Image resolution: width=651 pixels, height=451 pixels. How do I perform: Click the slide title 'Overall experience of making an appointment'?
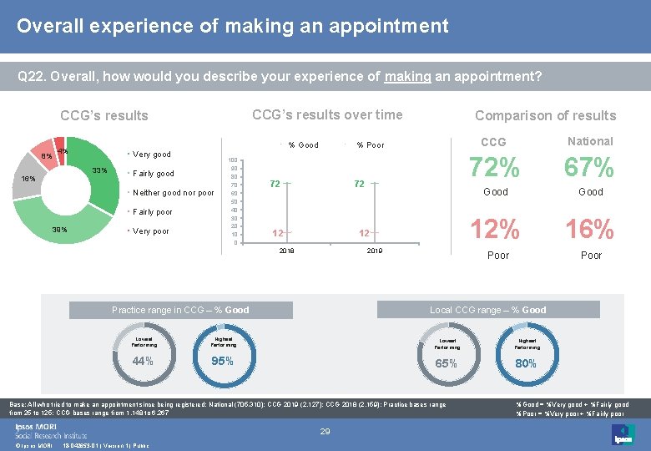click(x=232, y=26)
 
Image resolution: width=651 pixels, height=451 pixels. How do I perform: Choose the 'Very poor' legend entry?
click(x=151, y=231)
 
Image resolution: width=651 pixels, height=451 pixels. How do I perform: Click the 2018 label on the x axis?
click(x=286, y=251)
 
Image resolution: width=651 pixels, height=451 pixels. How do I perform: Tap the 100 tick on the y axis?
click(x=234, y=160)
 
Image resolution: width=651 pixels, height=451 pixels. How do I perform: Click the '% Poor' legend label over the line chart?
click(x=371, y=145)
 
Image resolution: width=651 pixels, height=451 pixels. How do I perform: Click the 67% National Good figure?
click(x=590, y=169)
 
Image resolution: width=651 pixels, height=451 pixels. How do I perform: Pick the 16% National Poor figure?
click(x=590, y=229)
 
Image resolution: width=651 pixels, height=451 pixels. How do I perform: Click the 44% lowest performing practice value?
click(x=143, y=361)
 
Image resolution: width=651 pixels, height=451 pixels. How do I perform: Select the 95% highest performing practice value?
click(x=222, y=361)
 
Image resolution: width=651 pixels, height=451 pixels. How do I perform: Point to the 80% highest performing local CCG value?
click(x=526, y=363)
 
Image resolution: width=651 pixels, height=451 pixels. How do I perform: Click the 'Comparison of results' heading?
click(x=545, y=115)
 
